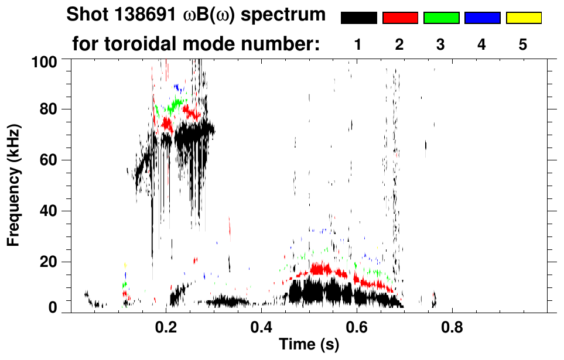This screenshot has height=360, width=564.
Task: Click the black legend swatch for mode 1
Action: pos(358,18)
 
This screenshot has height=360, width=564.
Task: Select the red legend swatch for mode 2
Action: pos(400,18)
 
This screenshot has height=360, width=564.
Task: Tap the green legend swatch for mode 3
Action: pos(441,18)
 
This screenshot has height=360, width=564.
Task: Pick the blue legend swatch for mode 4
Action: pos(482,18)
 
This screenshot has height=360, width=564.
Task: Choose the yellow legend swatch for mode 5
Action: pos(523,18)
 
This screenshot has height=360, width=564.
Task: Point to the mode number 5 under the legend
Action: pos(523,44)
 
